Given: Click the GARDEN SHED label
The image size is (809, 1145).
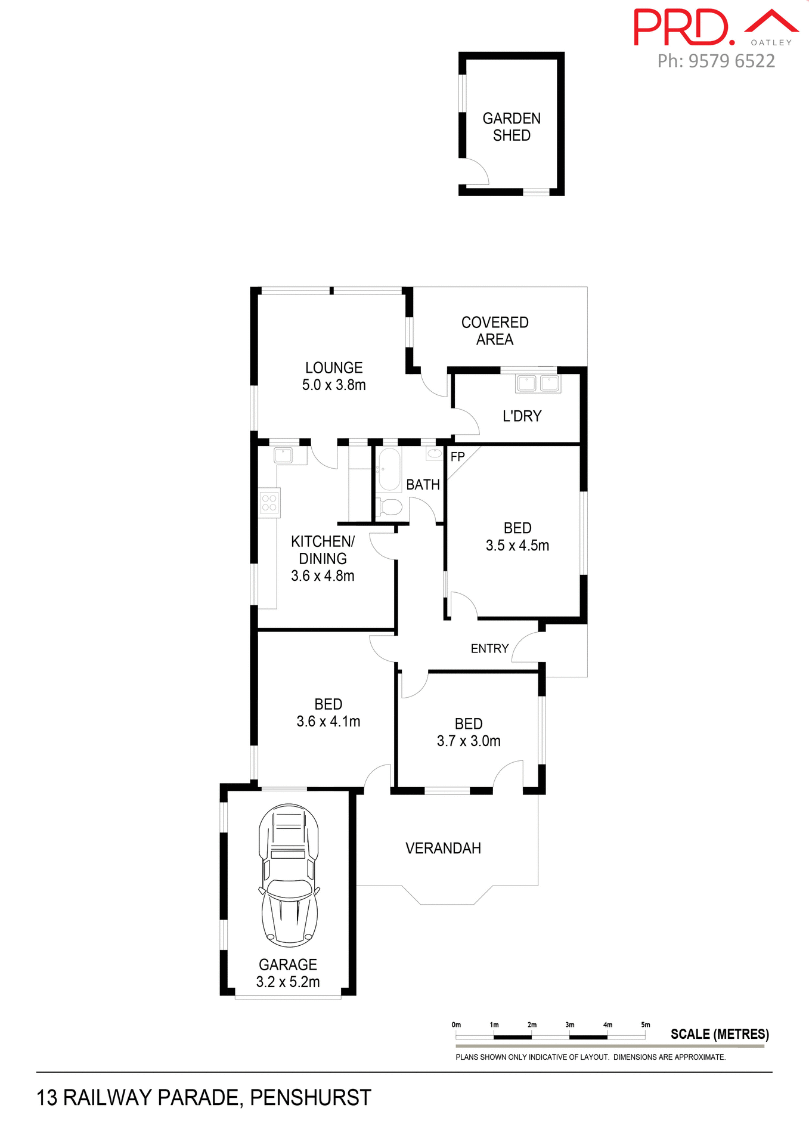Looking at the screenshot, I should pyautogui.click(x=512, y=126).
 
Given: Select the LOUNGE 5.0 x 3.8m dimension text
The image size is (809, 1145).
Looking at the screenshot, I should pyautogui.click(x=334, y=385).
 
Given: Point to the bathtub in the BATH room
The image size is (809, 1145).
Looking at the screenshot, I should pyautogui.click(x=389, y=469).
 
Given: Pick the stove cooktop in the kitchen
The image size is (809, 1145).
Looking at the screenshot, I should pyautogui.click(x=269, y=503).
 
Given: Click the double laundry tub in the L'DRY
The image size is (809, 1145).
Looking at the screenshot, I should pyautogui.click(x=538, y=383).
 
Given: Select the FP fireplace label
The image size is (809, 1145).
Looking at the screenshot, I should pyautogui.click(x=457, y=457).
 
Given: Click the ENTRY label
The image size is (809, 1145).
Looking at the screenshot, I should pyautogui.click(x=489, y=648).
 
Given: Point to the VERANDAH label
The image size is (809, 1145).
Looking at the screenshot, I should pyautogui.click(x=443, y=848).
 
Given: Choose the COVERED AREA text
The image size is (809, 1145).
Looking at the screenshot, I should pyautogui.click(x=495, y=330).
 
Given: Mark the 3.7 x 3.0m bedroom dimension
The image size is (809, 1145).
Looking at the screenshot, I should pyautogui.click(x=469, y=741).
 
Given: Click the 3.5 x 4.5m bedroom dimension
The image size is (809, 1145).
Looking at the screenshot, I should pyautogui.click(x=517, y=545).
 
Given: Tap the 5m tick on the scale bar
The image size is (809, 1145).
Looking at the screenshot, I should pyautogui.click(x=645, y=1025).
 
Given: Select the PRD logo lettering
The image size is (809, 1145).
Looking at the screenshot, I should pyautogui.click(x=682, y=27).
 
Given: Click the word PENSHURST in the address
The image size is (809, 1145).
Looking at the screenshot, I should pyautogui.click(x=310, y=1097).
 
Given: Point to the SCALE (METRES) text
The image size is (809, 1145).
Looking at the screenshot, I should pyautogui.click(x=720, y=1034).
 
